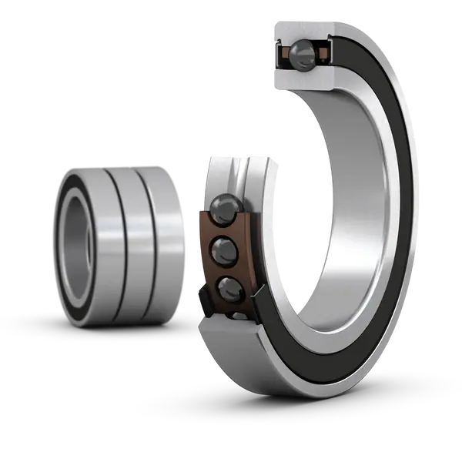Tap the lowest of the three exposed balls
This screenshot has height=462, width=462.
point(229,290)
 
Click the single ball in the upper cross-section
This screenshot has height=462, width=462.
point(302,53)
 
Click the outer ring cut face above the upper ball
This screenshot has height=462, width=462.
point(302,31)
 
